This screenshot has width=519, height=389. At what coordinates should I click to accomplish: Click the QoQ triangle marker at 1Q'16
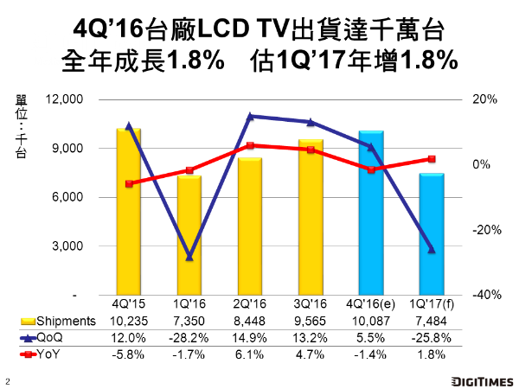point(189,257)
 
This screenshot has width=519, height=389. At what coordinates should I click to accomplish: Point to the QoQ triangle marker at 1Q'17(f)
point(432,250)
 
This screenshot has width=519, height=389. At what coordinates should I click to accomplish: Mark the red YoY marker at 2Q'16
point(250,145)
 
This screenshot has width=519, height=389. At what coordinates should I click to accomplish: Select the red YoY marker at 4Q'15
point(129,183)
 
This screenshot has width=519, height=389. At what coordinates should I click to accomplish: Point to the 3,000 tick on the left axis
point(68,246)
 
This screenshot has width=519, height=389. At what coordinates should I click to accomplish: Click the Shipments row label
point(61,321)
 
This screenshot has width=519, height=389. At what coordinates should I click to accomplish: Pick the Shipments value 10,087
point(371,321)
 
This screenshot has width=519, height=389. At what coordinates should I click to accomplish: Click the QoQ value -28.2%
point(189,337)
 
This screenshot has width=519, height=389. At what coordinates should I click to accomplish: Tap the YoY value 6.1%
point(250,354)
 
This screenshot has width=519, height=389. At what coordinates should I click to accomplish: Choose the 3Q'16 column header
point(311,304)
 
